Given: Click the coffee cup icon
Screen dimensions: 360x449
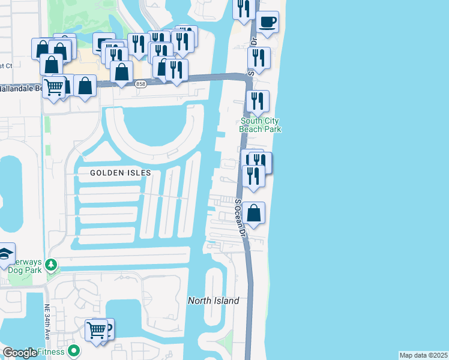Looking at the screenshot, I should [x=267, y=23].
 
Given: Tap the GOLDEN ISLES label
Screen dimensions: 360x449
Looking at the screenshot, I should [x=120, y=172].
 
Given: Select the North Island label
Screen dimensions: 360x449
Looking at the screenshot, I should [x=213, y=301].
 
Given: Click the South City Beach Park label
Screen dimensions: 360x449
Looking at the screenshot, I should [x=260, y=125].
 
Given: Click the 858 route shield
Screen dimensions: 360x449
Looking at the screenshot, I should [x=140, y=83].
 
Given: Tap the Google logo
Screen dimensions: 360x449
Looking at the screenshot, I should [x=19, y=353].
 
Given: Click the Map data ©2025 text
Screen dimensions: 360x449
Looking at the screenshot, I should [x=423, y=355].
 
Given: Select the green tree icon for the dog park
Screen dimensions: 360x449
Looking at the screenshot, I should [x=52, y=263].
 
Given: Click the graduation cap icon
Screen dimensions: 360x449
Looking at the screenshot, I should [x=5, y=254].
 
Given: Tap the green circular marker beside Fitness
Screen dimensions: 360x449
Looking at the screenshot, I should [x=74, y=350].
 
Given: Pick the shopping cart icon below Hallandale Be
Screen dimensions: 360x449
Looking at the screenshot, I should [x=54, y=88].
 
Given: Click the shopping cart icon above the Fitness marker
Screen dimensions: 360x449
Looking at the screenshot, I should [x=96, y=330].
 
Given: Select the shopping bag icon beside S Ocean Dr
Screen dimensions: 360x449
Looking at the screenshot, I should [x=254, y=213].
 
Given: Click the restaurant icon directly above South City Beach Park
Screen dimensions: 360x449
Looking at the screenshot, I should [x=258, y=101].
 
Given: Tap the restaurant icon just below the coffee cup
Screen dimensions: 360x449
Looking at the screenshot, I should [x=259, y=58].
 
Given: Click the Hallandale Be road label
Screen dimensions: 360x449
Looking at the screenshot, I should [x=21, y=88].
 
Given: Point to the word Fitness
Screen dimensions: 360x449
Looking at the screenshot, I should [x=51, y=352].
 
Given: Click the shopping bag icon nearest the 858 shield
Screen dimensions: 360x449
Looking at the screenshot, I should [x=122, y=72].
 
